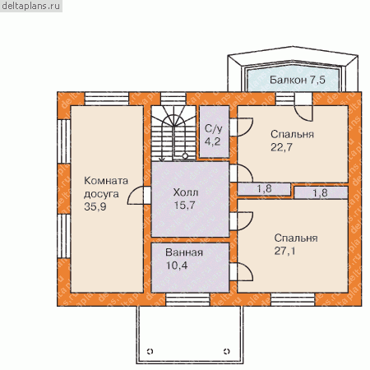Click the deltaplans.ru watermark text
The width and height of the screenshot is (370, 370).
tap(31, 6)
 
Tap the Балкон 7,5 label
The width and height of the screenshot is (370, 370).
tap(298, 80)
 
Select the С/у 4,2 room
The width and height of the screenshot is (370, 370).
tap(214, 132)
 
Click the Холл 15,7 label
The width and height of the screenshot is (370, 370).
tap(185, 198)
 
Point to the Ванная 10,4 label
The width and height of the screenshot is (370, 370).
tap(184, 259)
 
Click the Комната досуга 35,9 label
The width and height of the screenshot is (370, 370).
tap(106, 193)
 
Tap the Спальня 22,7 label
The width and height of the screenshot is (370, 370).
tap(292, 141)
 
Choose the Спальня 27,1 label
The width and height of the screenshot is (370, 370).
tap(296, 244)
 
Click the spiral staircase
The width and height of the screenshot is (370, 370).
tap(173, 133)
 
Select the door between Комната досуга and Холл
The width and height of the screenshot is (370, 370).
tap(139, 195)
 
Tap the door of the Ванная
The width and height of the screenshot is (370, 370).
tap(241, 271)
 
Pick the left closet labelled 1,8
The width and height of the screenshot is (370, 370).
tap(264, 189)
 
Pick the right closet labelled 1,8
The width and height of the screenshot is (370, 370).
tap(321, 192)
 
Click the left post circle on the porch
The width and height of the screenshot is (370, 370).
tap(150, 351)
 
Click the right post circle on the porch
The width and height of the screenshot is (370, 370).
tap(227, 351)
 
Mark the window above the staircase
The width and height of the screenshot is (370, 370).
tap(173, 99)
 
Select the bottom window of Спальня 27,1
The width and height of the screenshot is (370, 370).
tap(293, 299)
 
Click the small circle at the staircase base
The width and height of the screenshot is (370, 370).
tap(185, 156)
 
